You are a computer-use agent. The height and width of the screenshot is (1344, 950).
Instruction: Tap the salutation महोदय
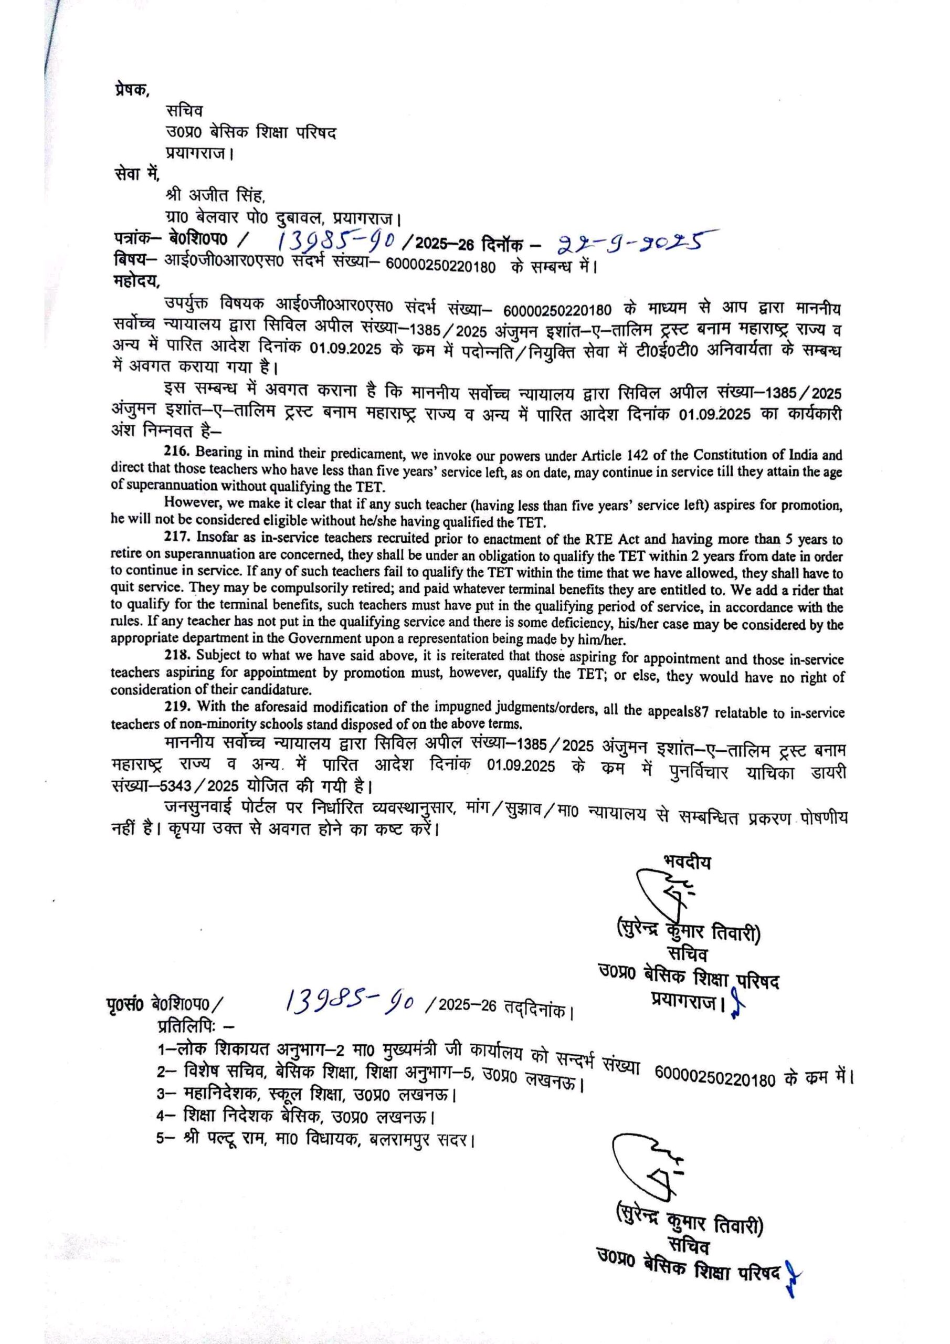point(135,281)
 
